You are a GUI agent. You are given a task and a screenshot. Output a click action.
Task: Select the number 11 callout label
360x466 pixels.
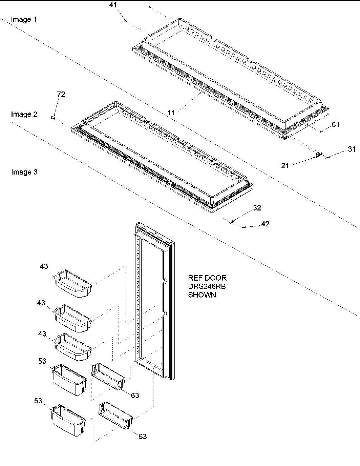click(172, 113)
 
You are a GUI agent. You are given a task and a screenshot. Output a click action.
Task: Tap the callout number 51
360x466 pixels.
click(335, 125)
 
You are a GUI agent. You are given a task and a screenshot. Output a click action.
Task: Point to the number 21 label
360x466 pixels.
click(285, 165)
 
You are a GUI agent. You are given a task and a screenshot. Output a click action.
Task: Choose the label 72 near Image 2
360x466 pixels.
click(61, 95)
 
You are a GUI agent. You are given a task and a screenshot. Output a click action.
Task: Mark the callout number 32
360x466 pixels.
click(257, 208)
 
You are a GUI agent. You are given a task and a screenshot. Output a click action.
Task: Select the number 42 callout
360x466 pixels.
click(265, 224)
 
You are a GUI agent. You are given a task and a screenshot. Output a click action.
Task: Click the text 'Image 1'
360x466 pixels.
click(24, 19)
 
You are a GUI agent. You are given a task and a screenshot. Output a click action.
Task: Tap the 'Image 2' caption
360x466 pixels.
click(24, 114)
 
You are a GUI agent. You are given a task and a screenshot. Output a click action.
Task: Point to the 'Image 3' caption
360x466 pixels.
click(24, 172)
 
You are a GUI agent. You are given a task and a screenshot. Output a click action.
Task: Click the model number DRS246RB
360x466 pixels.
click(207, 286)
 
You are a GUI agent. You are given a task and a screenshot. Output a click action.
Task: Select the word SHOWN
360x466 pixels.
click(202, 295)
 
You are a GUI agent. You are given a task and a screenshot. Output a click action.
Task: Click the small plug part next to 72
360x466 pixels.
click(53, 117)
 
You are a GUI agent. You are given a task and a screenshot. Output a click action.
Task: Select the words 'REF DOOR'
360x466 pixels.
click(207, 278)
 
